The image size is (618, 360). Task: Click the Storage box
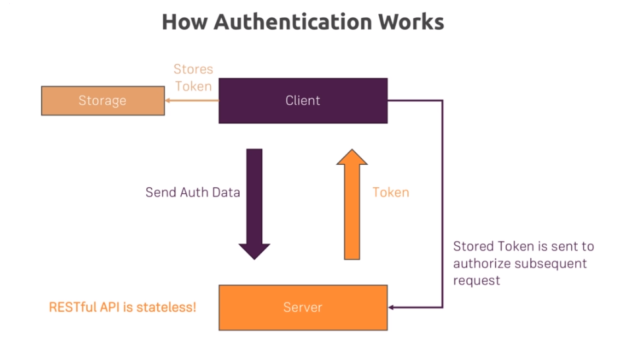point(102,101)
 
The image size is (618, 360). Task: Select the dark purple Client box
point(302,101)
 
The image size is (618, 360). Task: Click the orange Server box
point(302,307)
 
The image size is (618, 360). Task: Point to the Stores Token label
point(193,77)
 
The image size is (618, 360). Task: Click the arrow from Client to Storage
point(191,101)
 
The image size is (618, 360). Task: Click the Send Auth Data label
point(192,193)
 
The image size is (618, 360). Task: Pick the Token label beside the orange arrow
point(391,193)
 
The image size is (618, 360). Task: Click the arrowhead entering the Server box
point(392,307)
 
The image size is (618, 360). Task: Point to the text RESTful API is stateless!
point(123,307)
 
